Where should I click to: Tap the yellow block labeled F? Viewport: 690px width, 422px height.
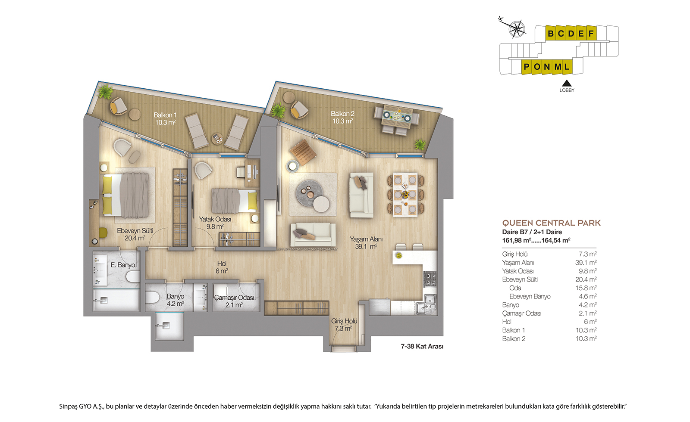[591, 33]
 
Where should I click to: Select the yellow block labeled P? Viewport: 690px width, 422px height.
[527, 67]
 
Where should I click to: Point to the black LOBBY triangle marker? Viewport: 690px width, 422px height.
[567, 83]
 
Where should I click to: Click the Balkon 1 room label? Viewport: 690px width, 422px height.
[165, 118]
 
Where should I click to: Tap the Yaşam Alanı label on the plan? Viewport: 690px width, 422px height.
[366, 239]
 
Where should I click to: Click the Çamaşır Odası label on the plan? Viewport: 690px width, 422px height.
[234, 298]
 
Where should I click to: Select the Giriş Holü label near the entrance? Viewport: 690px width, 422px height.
[344, 321]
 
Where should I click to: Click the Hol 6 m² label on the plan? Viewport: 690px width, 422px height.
[222, 267]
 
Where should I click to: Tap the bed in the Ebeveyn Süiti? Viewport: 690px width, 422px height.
[125, 195]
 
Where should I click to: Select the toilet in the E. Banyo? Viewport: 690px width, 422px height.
[133, 276]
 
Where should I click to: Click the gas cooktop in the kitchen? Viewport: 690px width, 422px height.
[430, 279]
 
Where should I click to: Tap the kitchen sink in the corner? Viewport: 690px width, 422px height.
[427, 305]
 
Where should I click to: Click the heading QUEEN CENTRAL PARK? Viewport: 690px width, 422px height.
[552, 223]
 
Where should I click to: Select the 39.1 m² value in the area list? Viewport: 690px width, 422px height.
[586, 263]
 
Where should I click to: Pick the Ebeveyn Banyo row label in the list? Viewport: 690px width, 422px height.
[530, 297]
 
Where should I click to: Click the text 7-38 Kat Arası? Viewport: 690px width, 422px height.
[422, 346]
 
